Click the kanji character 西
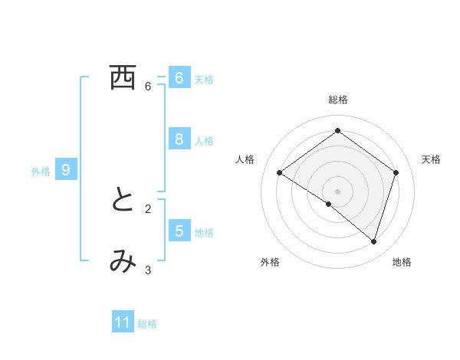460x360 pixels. click(x=123, y=78)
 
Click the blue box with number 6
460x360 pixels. click(x=179, y=78)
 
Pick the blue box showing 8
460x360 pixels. click(x=179, y=139)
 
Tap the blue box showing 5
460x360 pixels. click(x=179, y=231)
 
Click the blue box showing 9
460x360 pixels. click(x=66, y=170)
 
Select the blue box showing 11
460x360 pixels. click(x=123, y=322)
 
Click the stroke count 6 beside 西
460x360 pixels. click(x=148, y=87)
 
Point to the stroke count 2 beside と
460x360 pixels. click(x=148, y=208)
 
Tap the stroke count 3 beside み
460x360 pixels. click(x=148, y=270)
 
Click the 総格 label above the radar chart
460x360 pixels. click(x=337, y=100)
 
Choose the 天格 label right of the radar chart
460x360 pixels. click(x=431, y=159)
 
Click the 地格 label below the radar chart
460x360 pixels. click(x=402, y=262)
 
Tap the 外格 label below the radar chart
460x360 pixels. click(x=270, y=262)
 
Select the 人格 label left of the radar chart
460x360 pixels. click(x=244, y=159)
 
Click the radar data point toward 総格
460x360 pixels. click(x=337, y=131)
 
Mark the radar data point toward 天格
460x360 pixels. click(x=396, y=172)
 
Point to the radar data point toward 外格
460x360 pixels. click(x=329, y=204)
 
